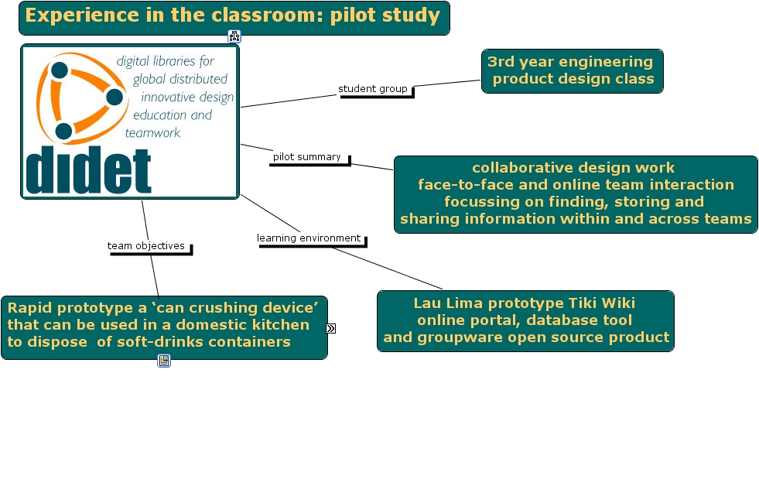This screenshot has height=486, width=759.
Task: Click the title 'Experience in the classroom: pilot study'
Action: tap(233, 16)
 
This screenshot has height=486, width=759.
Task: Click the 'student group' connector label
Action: tap(373, 89)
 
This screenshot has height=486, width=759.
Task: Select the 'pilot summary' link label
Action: tap(307, 157)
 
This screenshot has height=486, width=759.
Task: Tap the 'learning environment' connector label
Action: tap(309, 238)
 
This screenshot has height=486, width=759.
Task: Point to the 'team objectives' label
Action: tap(146, 246)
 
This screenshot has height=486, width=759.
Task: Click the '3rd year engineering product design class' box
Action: tap(572, 70)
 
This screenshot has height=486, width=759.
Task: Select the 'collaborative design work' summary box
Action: tap(575, 193)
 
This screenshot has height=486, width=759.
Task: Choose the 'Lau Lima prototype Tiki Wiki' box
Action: tap(525, 320)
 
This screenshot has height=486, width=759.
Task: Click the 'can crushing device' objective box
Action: tap(163, 326)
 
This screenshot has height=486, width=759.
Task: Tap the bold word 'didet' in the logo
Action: tap(88, 170)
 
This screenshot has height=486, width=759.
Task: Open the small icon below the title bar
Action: tap(234, 36)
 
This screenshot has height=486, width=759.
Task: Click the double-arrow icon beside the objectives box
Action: tap(331, 328)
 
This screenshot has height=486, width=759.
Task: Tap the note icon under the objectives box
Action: tap(164, 360)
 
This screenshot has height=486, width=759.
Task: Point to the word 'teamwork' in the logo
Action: tap(152, 133)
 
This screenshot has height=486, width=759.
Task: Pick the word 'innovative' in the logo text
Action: tap(169, 98)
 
